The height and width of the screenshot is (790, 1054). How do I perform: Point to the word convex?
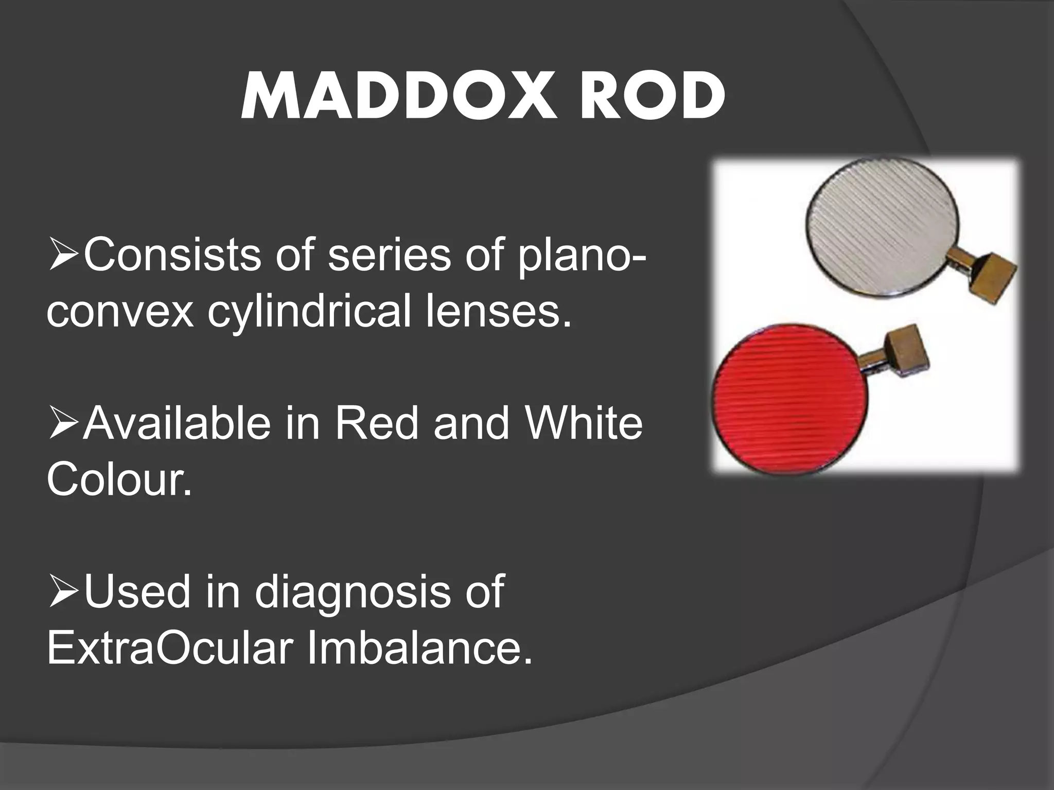pos(120,312)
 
